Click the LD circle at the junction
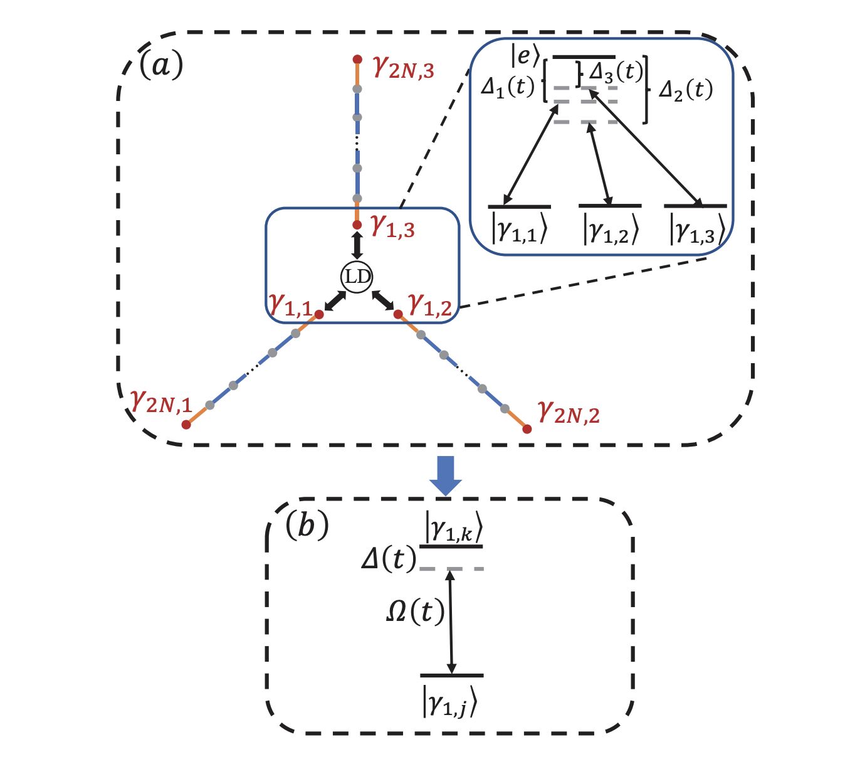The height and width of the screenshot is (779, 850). (x=357, y=277)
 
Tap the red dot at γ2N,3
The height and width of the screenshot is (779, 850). (x=357, y=60)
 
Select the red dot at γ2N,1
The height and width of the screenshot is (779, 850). (x=186, y=425)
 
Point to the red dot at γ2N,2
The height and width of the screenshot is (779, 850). (x=527, y=429)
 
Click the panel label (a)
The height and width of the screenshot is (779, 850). (x=161, y=65)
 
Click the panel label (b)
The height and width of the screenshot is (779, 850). (x=307, y=525)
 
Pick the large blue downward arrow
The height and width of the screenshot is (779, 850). (x=446, y=476)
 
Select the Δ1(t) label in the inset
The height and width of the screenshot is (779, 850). (x=508, y=87)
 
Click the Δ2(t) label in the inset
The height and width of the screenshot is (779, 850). (x=686, y=90)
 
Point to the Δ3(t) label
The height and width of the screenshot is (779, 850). (x=616, y=73)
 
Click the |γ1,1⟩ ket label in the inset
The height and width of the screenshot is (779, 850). (x=520, y=230)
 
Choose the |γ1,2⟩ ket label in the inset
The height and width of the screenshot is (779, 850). (x=611, y=229)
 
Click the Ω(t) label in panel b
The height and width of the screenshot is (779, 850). (x=415, y=611)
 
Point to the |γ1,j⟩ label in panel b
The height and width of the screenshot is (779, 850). (x=450, y=701)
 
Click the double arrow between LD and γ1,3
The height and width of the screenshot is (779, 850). (x=357, y=245)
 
